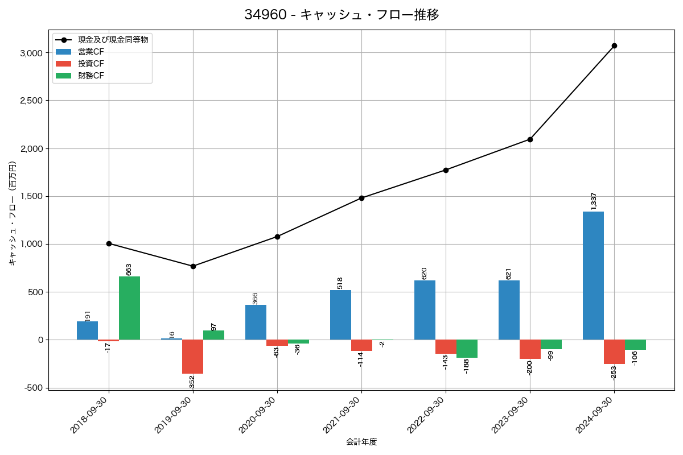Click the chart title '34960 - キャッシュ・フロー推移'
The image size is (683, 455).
(341, 15)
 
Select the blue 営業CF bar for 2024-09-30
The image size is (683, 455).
(593, 276)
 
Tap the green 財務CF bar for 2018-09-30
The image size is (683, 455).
(129, 308)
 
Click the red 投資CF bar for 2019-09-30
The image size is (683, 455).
(192, 357)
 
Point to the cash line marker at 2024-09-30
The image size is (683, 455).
(614, 45)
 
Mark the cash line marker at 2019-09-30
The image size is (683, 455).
(193, 266)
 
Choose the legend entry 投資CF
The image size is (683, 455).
(91, 64)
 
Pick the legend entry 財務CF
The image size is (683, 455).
(91, 76)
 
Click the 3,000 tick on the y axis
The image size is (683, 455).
(31, 53)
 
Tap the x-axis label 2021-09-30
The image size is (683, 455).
(340, 415)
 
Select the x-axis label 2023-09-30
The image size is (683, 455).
(509, 415)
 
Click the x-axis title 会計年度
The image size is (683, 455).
(361, 442)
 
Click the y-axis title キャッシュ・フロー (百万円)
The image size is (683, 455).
(13, 213)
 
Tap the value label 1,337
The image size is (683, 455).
(594, 201)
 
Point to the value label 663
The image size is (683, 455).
(129, 269)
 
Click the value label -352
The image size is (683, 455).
(192, 382)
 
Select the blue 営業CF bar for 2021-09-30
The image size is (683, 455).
(340, 315)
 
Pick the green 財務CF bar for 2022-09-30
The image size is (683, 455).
(467, 349)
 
